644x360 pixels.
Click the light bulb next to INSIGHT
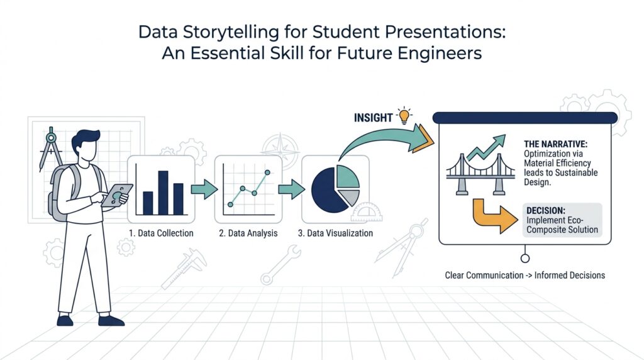point(403,115)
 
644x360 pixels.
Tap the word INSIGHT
point(374,118)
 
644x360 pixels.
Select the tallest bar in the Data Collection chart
point(163,192)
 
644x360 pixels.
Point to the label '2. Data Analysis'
point(248,233)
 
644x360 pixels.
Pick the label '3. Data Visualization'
point(335,233)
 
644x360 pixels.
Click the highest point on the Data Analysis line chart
point(268,172)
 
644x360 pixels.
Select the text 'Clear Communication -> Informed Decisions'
point(525,276)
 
